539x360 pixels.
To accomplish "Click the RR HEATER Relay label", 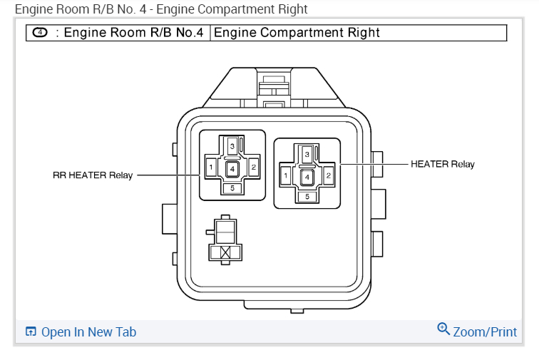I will pos(93,175).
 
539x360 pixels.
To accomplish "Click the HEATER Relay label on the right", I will pos(442,164).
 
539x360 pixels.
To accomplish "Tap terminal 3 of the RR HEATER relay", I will pos(232,145).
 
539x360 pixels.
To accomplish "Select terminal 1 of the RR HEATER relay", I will pos(211,168).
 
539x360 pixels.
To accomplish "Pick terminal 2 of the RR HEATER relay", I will pos(254,168).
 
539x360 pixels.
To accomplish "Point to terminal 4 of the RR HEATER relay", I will pos(232,169).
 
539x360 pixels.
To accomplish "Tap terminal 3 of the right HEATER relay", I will pos(307,154).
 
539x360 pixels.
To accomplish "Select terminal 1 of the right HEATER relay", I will pos(286,175).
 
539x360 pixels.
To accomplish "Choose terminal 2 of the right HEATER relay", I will pos(329,175).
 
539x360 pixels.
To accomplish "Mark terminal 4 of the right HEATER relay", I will pos(307,176).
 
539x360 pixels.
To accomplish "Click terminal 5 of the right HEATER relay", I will pos(307,196).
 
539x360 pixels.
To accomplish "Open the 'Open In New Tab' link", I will pos(88,332).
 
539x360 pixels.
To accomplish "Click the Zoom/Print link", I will pos(485,332).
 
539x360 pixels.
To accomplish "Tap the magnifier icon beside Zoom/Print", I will pos(443,329).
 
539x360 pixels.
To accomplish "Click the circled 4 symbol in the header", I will pos(39,34).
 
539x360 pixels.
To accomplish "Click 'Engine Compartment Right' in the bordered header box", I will pos(297,33).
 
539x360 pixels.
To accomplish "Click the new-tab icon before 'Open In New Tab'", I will pos(31,332).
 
